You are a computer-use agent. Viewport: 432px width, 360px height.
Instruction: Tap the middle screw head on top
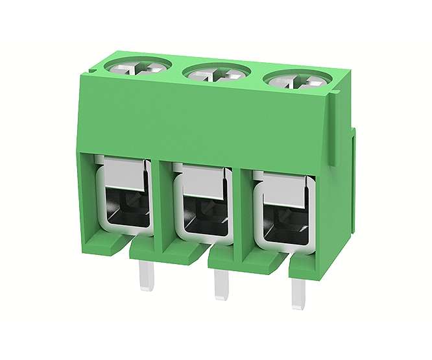217,73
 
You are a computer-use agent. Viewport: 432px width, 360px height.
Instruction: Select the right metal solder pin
300,291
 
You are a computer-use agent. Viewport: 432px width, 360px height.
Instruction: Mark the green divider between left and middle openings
163,201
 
